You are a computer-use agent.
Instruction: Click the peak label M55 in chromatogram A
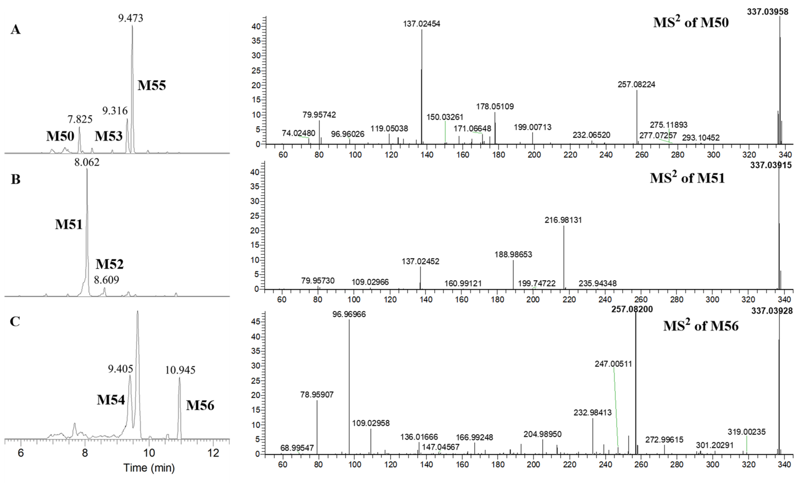[152, 85]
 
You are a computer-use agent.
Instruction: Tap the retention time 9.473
[130, 18]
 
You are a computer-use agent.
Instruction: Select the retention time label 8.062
[87, 162]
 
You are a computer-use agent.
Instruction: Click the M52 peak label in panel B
[110, 264]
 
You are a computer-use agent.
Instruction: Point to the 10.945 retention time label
[180, 370]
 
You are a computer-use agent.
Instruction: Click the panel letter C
[15, 321]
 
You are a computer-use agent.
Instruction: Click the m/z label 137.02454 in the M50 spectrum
[421, 24]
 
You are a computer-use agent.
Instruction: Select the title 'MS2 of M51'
[687, 178]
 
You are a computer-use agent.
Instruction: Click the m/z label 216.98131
[563, 220]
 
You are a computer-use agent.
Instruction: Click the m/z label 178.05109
[495, 106]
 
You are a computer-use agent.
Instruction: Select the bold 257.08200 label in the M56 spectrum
[632, 309]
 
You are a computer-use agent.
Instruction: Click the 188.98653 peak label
[513, 255]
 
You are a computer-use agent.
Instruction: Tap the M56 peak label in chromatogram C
[200, 406]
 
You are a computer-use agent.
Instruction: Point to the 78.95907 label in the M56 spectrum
[317, 395]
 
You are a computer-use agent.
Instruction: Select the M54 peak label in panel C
[111, 400]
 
